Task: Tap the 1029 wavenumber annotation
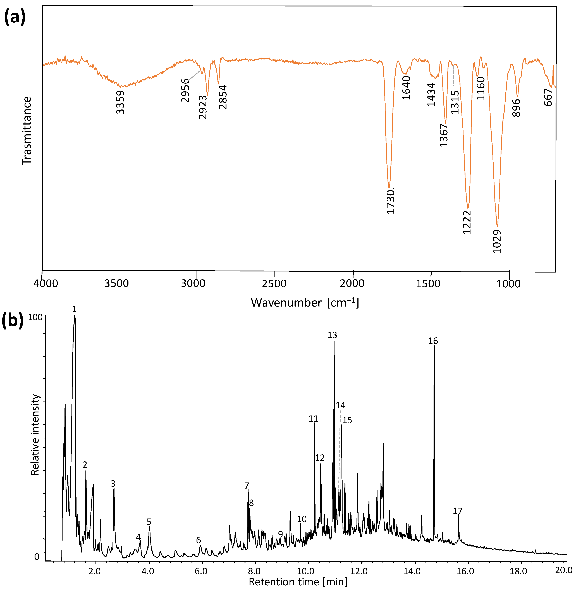point(497,242)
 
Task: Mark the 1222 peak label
point(467,222)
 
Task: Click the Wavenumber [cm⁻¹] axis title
point(305,303)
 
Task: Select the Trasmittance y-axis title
point(27,131)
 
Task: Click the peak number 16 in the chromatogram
point(433,341)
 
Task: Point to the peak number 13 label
point(332,335)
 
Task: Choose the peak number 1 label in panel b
point(74,309)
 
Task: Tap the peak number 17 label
point(457,511)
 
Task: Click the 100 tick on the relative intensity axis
point(35,317)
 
